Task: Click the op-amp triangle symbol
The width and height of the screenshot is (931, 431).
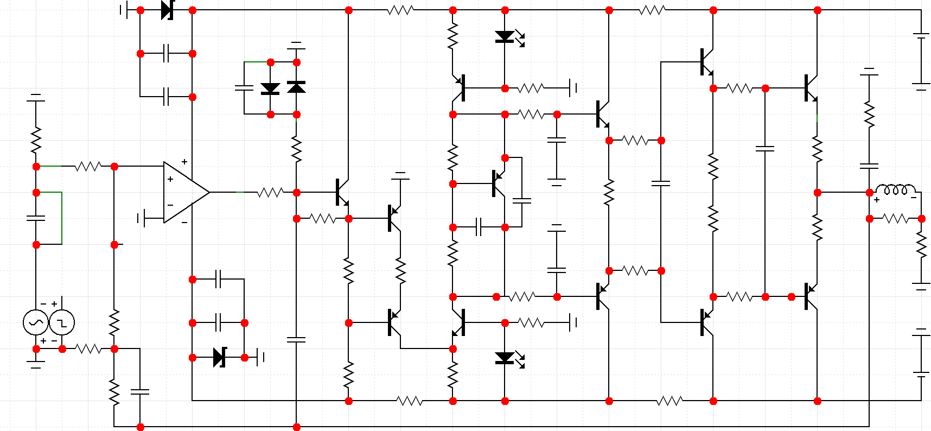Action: pos(184,192)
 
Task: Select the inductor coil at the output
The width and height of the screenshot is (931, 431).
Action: pos(895,191)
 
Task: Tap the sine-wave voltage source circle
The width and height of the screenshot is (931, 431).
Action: pos(36,323)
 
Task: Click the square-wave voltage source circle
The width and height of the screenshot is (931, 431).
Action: pos(62,323)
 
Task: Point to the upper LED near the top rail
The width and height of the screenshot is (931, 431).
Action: pos(505,37)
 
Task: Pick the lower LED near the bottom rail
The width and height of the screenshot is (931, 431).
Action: pos(505,358)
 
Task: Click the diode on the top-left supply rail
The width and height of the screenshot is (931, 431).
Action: pos(167,10)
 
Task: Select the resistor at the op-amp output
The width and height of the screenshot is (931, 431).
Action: pos(270,192)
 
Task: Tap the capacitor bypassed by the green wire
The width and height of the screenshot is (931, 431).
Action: pos(36,218)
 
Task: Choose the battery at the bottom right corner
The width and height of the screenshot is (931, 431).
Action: pos(921,353)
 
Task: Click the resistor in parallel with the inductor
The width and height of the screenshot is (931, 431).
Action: pos(895,219)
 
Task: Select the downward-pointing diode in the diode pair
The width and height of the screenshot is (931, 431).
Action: pos(270,88)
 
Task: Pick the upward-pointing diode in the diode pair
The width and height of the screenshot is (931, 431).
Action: pos(296,87)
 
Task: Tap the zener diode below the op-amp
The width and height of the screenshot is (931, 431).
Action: pos(220,358)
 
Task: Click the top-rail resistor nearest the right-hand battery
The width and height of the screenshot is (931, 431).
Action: pos(652,10)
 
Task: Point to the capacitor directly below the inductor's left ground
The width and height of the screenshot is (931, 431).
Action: pos(869,166)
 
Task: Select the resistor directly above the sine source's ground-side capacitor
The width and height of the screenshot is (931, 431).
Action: pos(36,140)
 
